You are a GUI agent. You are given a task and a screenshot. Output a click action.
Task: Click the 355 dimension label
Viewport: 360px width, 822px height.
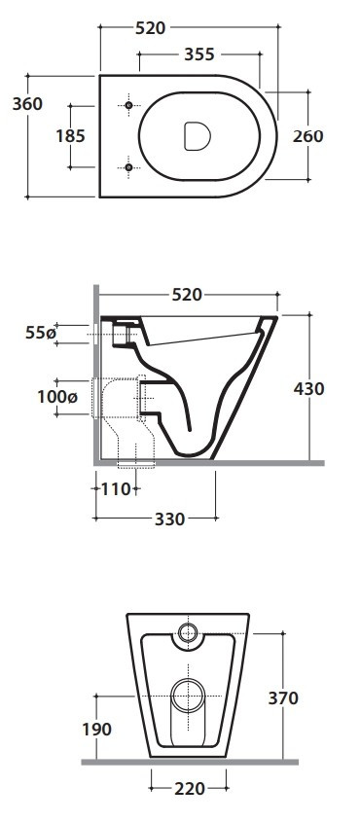[199, 54]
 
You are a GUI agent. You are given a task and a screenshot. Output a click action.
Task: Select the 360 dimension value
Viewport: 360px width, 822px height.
[27, 104]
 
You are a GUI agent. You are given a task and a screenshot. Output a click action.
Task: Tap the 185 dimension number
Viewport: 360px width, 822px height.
[70, 136]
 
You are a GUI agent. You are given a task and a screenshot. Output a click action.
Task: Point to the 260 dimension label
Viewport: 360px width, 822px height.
[308, 136]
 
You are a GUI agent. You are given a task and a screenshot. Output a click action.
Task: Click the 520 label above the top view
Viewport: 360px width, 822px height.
[151, 28]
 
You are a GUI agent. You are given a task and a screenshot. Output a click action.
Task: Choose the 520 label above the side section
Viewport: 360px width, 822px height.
[187, 295]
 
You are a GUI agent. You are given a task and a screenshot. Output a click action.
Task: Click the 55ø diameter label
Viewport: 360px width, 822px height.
[40, 333]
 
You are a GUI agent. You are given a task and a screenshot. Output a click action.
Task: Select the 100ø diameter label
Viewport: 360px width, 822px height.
[57, 397]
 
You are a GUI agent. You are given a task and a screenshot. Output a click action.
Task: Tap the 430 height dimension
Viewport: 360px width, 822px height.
[309, 389]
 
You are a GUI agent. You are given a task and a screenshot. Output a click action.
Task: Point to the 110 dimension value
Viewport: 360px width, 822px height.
[115, 489]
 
